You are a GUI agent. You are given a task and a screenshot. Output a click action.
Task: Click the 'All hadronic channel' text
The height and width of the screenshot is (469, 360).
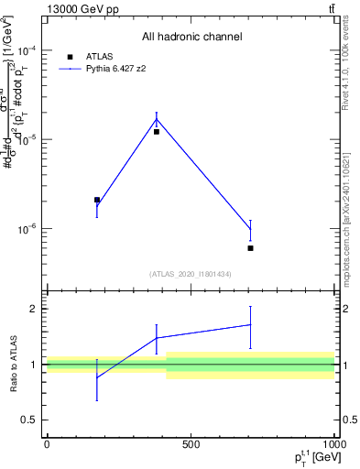click(191, 37)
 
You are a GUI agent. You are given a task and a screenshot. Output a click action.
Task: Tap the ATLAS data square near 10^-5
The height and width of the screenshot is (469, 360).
click(157, 132)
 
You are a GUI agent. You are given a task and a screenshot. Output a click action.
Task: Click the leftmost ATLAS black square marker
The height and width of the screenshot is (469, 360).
click(97, 200)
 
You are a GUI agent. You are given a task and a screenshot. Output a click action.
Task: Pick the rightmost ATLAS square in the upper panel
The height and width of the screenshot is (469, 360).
click(250, 248)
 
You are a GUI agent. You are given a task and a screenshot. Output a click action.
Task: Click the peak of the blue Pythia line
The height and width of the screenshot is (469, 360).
click(157, 119)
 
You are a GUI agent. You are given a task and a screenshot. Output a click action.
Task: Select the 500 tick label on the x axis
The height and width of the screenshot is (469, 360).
click(191, 443)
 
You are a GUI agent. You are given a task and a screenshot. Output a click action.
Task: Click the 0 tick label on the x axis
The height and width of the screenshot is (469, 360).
click(47, 443)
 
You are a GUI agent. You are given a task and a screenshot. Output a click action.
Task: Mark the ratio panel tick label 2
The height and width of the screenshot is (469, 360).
click(33, 309)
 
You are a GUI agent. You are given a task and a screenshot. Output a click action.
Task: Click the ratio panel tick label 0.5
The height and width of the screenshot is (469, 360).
click(28, 420)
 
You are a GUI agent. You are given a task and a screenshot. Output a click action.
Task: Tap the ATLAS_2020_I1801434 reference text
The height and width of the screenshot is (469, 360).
click(191, 274)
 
